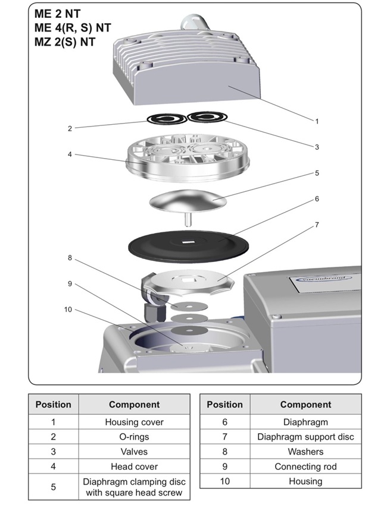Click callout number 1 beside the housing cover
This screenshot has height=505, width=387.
[x=317, y=121]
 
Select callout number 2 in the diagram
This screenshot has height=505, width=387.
[x=70, y=128]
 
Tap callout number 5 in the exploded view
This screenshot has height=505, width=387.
[x=317, y=173]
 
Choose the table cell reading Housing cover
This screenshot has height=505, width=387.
[x=134, y=422]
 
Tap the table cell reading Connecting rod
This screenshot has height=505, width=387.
[x=305, y=466]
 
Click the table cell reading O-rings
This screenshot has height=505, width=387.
[x=134, y=437]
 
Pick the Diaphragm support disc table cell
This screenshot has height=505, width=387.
[x=305, y=437]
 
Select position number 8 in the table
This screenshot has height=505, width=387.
[x=225, y=452]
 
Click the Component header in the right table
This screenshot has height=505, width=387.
[x=305, y=405]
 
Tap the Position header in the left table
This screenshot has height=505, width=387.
[x=54, y=405]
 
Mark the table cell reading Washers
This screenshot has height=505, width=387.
[x=305, y=452]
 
